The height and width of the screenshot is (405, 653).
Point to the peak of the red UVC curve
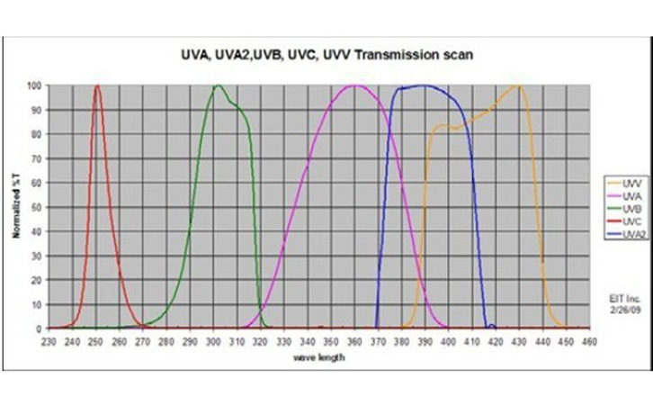97,85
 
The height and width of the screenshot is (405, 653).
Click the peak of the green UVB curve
218,85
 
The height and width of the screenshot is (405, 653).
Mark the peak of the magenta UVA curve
356,85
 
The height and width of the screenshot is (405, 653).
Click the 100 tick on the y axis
34,86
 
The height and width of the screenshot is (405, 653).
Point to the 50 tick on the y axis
36,207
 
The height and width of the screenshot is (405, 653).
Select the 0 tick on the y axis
39,328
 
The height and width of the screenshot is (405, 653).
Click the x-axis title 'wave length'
320,357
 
